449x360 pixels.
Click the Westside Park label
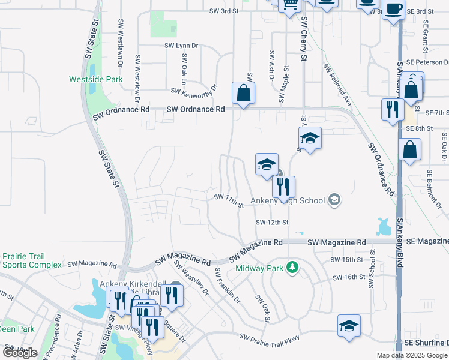click(x=95, y=79)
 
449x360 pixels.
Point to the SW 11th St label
click(x=229, y=200)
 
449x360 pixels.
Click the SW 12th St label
click(x=272, y=222)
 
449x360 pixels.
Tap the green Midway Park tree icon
click(x=292, y=267)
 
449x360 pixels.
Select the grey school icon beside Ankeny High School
click(x=334, y=200)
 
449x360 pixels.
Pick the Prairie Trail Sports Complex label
click(x=31, y=260)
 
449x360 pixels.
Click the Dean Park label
click(x=17, y=329)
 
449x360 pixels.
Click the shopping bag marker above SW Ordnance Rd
click(x=243, y=94)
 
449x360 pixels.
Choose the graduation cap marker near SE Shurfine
click(x=349, y=326)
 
